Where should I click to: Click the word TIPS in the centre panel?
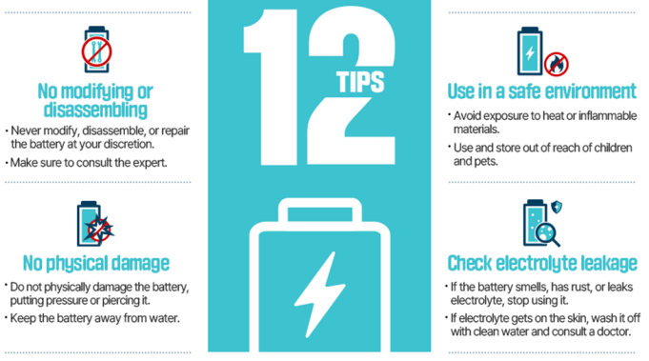(x=360, y=81)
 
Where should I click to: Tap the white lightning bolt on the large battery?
(x=319, y=294)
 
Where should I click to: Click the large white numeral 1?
(x=272, y=87)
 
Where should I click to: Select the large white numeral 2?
(x=352, y=87)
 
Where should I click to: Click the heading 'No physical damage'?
(x=96, y=264)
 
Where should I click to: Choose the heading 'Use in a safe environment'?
(x=542, y=91)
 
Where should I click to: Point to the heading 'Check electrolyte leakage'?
(x=542, y=264)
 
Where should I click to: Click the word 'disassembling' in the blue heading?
(x=95, y=110)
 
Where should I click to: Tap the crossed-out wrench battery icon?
(x=96, y=50)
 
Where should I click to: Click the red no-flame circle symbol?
(x=557, y=64)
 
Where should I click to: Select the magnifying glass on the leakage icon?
(x=547, y=234)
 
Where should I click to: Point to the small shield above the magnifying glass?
(x=557, y=207)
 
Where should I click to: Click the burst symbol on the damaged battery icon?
(x=99, y=229)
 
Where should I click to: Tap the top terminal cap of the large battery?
(x=319, y=211)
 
